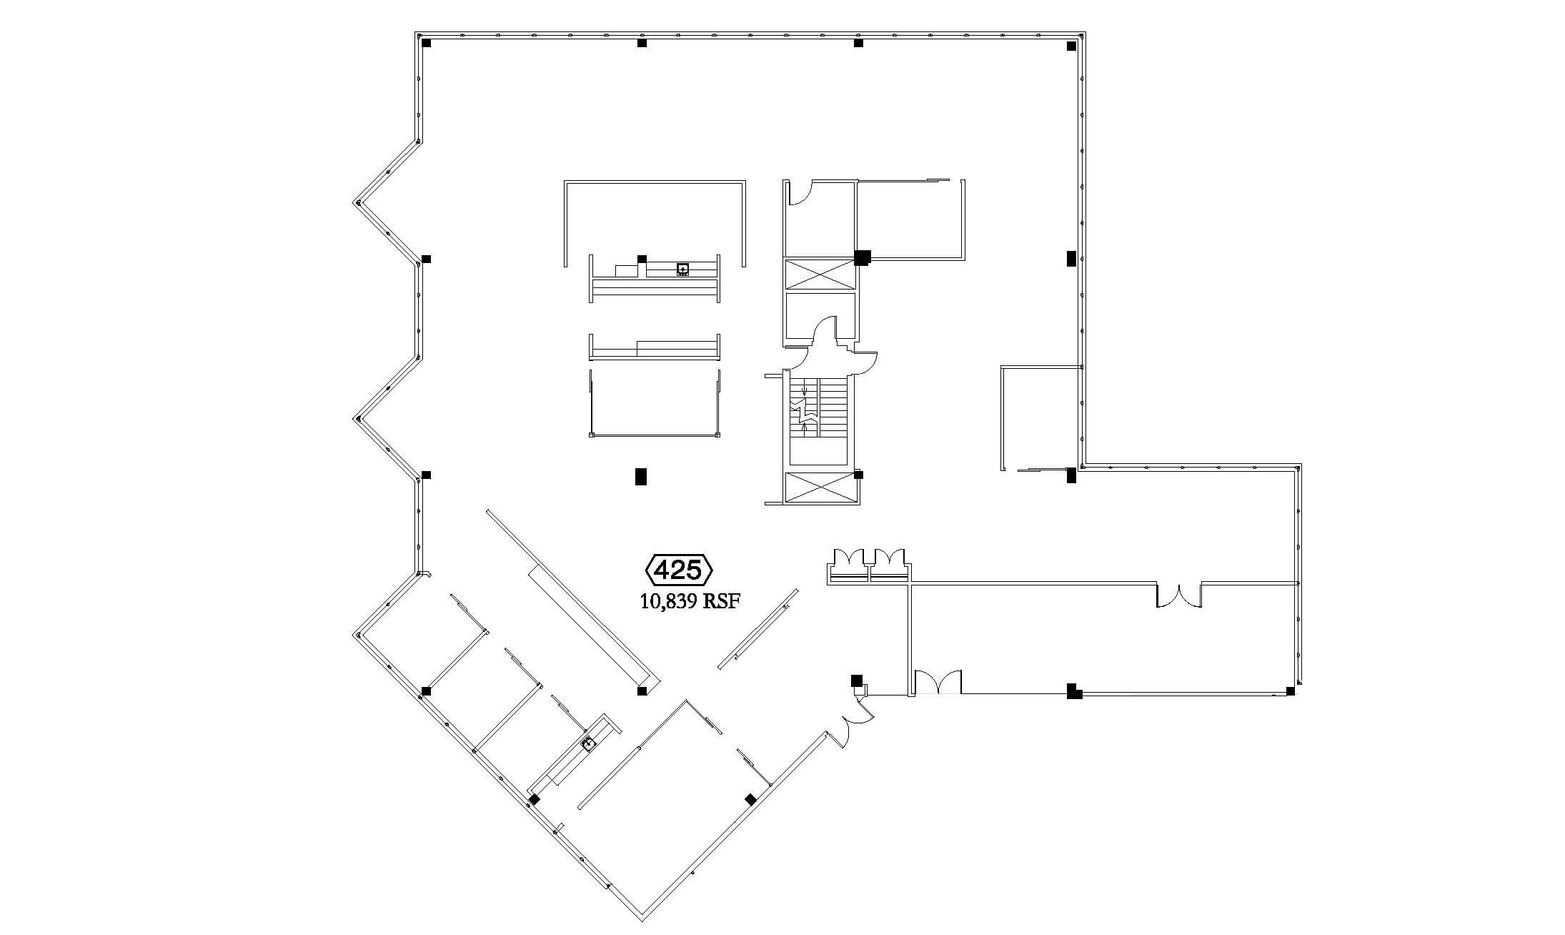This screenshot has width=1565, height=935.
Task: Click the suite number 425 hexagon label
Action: point(679,570)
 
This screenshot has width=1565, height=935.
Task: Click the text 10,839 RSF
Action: point(689,601)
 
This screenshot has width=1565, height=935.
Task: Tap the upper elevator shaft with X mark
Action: point(820,274)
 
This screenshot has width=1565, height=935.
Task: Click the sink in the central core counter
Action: point(683,269)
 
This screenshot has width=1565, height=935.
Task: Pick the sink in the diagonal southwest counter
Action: point(589,744)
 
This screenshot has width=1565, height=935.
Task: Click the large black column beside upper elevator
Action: point(863,257)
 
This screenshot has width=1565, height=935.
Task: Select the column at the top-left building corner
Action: point(427,43)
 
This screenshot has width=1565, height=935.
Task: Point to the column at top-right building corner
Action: point(1071,46)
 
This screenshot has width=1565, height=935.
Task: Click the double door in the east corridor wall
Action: point(1179,595)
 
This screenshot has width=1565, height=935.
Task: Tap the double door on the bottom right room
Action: point(938,683)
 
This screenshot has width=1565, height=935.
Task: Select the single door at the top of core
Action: point(800,193)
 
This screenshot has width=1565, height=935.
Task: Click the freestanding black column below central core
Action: point(641,477)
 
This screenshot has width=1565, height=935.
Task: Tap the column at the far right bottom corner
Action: point(1290,691)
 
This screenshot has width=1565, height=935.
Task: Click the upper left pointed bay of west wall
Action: point(357,202)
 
